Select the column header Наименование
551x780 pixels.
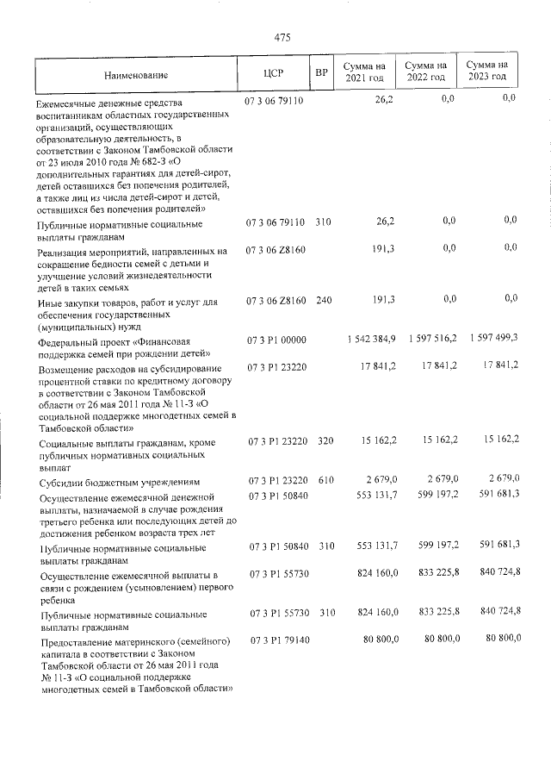click(x=136, y=75)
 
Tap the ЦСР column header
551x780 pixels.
click(x=274, y=72)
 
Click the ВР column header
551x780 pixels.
click(x=321, y=72)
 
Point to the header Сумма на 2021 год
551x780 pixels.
click(x=363, y=72)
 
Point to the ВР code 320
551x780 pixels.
click(x=323, y=441)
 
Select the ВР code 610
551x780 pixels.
click(x=323, y=480)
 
